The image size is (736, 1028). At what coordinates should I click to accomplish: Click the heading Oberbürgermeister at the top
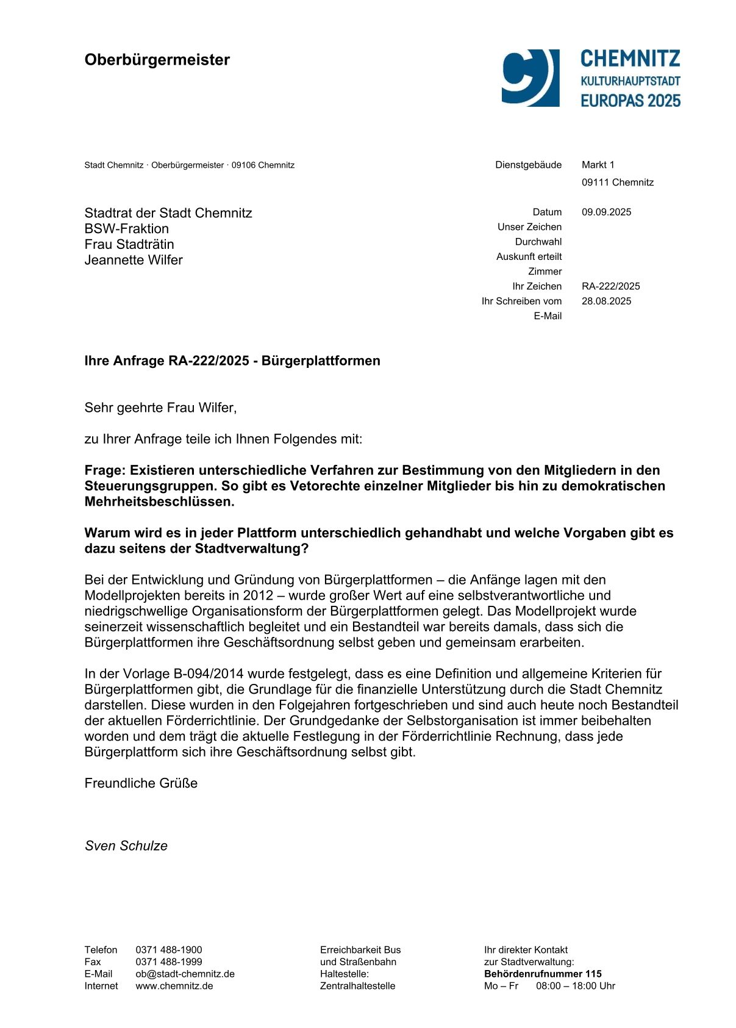(157, 60)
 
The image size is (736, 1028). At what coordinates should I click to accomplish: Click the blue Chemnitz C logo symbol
(530, 78)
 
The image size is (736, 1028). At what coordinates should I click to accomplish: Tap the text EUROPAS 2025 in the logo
(630, 101)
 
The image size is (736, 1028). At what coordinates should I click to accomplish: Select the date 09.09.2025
(606, 212)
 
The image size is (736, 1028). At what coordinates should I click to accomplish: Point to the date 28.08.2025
(606, 301)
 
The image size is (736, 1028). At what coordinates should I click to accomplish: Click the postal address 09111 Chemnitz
(617, 182)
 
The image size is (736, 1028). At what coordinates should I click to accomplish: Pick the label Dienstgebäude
(528, 165)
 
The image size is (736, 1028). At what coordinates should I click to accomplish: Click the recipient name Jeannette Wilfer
(134, 261)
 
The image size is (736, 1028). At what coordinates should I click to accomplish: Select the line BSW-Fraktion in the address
(127, 229)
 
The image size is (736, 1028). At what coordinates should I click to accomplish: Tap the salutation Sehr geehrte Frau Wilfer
(160, 408)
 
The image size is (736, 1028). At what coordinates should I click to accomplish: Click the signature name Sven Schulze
(126, 846)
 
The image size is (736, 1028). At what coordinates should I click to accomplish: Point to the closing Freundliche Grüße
(141, 783)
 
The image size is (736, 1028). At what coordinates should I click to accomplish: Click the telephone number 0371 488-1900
(169, 950)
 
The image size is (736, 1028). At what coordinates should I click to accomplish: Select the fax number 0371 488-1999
(169, 962)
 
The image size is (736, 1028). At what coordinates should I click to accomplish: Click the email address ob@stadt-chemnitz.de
(185, 974)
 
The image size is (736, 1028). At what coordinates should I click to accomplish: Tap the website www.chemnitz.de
(174, 986)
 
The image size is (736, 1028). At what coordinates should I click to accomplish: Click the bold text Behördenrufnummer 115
(543, 974)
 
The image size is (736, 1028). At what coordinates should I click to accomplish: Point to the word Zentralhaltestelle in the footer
(357, 986)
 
